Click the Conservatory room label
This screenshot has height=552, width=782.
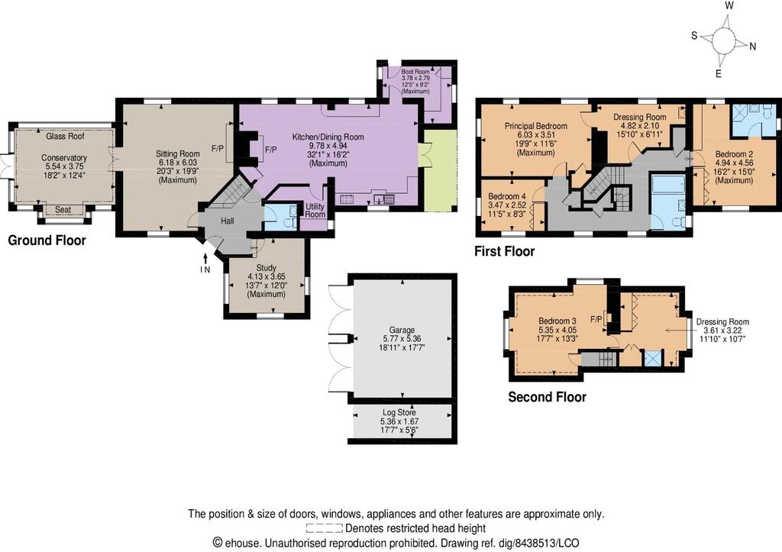click(64, 158)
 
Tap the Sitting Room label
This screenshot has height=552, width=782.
click(177, 154)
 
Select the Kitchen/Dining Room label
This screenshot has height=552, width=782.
click(328, 137)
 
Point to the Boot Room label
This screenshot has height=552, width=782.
click(415, 72)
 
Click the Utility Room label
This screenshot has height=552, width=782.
click(315, 210)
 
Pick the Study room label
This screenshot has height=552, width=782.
click(267, 268)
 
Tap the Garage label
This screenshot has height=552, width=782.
click(402, 330)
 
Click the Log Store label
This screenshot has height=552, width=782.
click(399, 412)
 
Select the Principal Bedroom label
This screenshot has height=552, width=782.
click(535, 126)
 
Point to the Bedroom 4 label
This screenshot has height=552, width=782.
click(507, 196)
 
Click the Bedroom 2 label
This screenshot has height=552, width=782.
click(734, 154)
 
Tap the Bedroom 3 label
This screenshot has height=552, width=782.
click(557, 321)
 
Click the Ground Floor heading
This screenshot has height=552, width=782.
click(47, 240)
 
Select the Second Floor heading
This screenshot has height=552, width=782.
click(547, 397)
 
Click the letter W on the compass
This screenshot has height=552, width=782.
click(729, 5)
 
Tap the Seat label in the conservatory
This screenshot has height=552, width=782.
click(63, 210)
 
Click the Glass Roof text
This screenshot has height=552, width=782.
click(66, 136)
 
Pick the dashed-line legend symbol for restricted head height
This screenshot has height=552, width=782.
click(324, 528)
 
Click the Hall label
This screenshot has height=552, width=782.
click(228, 221)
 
